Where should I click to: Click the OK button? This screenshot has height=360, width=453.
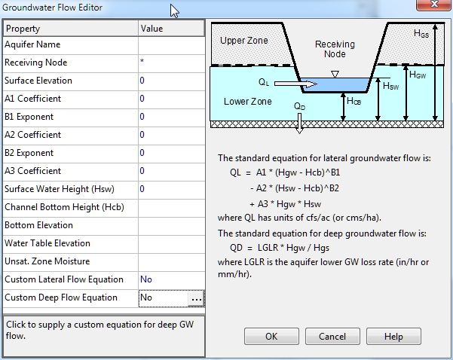271,337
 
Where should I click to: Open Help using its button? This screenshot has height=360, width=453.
393,337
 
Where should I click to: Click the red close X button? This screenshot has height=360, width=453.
434,5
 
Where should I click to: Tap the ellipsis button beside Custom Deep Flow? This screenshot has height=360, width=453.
196,299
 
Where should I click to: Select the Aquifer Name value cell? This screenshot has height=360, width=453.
171,45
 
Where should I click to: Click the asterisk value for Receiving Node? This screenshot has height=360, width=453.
142,61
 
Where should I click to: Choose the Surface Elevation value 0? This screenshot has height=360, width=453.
142,81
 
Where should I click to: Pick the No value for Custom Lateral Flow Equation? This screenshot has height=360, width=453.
146,279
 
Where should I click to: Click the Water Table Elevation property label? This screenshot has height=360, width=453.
47,243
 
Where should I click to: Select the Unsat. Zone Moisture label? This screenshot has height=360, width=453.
47,261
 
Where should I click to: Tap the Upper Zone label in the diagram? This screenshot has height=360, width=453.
243,41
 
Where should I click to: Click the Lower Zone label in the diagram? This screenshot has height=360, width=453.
247,102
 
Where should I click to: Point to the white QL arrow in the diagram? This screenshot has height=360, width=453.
295,84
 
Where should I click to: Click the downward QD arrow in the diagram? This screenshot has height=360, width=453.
299,124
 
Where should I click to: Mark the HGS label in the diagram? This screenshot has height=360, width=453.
421,34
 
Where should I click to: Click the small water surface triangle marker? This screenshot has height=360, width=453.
335,75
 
